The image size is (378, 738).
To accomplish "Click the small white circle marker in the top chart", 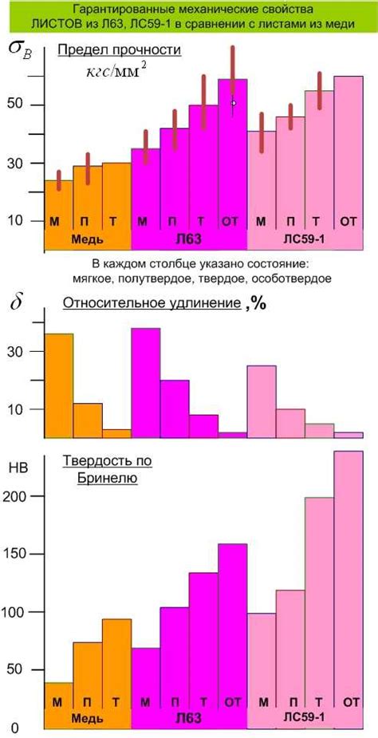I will pos(234,103).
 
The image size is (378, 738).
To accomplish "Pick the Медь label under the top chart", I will pos(86,239).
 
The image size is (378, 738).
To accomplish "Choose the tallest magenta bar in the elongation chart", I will pos(145,381).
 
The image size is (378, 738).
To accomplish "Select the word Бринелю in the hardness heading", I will pos(108,479).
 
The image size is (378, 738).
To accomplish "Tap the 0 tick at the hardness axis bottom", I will pos(14,728).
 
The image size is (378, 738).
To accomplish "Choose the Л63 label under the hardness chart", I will pos(188,717).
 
